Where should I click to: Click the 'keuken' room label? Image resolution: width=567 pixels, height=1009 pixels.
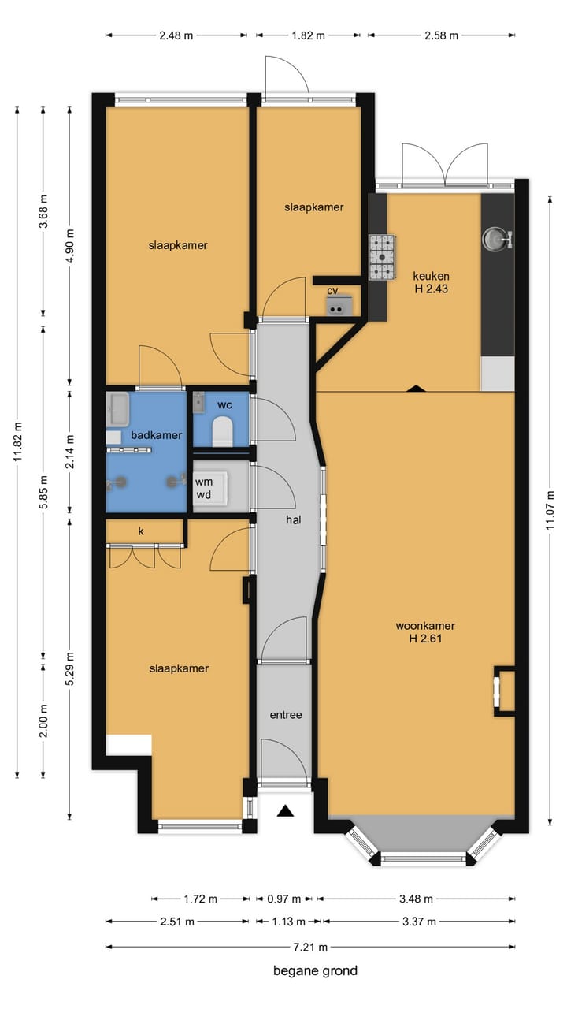click(x=431, y=276)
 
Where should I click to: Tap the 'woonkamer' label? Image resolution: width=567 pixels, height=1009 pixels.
click(x=425, y=626)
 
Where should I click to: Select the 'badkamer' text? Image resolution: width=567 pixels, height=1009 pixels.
click(x=157, y=435)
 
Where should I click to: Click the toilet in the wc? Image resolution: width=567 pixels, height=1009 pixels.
click(x=222, y=431)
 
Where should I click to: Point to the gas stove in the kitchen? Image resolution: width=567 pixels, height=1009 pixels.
click(x=382, y=257)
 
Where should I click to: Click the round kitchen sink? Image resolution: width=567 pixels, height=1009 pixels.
click(x=495, y=239)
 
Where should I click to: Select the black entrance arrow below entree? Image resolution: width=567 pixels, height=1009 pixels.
click(x=285, y=811)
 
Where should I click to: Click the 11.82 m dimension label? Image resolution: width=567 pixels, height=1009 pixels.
click(x=17, y=441)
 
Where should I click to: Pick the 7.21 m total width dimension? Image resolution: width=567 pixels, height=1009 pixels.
click(x=310, y=947)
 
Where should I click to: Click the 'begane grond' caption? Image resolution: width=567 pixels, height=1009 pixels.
click(x=316, y=970)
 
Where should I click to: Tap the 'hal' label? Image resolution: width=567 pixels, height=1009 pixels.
click(x=294, y=519)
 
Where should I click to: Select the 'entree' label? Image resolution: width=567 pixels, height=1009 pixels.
click(x=286, y=715)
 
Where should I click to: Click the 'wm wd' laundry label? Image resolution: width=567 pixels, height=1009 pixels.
click(x=204, y=488)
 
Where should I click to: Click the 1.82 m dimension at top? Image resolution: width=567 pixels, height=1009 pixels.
click(x=308, y=35)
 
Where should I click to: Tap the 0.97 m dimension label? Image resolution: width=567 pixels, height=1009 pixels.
click(x=284, y=899)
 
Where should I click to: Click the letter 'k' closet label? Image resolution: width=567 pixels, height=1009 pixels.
click(x=141, y=531)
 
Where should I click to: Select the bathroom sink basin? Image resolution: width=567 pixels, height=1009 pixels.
click(x=118, y=409)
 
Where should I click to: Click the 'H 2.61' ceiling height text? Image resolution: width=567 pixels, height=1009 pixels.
click(x=425, y=639)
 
